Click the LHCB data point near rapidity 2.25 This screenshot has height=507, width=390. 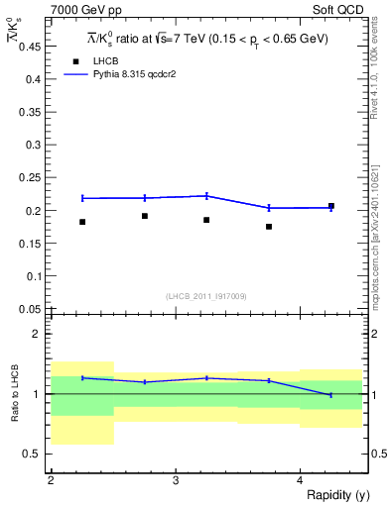82,222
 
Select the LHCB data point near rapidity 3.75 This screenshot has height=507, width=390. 269,227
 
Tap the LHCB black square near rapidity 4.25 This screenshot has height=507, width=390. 331,206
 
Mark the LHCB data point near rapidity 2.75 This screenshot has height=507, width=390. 145,216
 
